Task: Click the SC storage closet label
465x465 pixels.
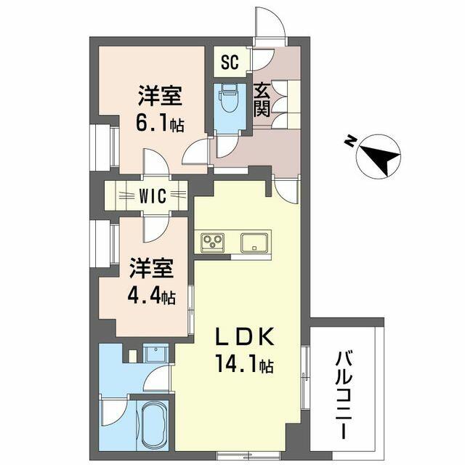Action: [x=230, y=62]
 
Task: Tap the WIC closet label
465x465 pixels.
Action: [x=153, y=196]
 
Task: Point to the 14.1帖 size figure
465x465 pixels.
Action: [x=245, y=364]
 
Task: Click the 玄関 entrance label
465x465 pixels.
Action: [x=262, y=100]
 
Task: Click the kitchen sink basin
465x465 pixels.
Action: [x=254, y=243]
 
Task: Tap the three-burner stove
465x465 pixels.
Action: [x=212, y=242]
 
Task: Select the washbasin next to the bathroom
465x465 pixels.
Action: [x=155, y=352]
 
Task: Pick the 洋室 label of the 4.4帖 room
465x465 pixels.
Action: [x=152, y=268]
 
